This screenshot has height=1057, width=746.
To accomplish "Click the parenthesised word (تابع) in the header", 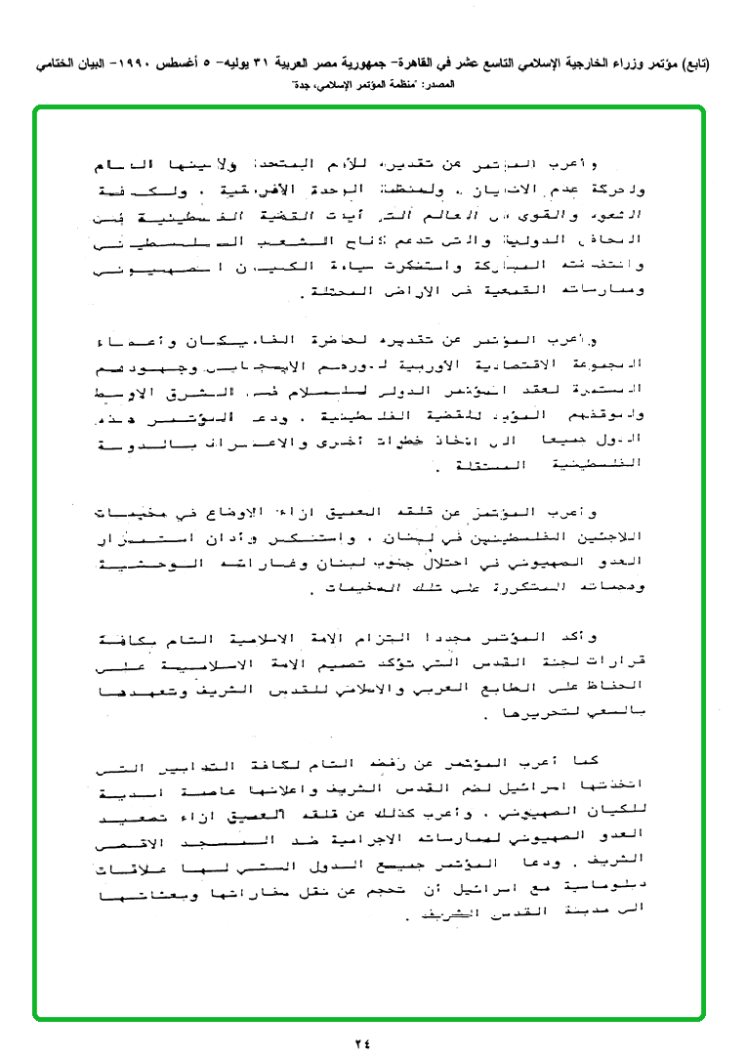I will click(x=692, y=64).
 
